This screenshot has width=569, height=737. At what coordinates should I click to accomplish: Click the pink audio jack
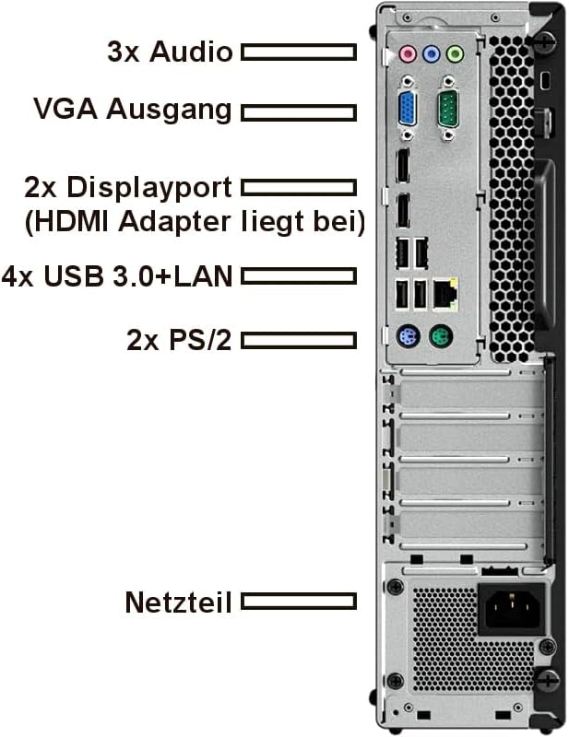(408, 54)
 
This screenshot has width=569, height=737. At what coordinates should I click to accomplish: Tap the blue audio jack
(431, 54)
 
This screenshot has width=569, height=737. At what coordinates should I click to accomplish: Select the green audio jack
(454, 54)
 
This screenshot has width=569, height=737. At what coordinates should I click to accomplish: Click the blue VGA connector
(408, 109)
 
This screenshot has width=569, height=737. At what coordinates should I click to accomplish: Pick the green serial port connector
(447, 109)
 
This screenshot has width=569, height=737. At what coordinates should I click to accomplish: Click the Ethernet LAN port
(445, 294)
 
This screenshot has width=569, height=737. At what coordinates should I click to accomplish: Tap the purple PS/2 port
(408, 337)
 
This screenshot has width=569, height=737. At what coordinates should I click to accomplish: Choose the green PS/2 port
(441, 337)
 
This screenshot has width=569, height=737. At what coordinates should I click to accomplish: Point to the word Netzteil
(178, 602)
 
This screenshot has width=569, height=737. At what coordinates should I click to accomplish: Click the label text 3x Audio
(170, 52)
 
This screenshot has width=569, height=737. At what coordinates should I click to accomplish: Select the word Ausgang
(169, 111)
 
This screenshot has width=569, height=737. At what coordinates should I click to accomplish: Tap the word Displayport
(149, 189)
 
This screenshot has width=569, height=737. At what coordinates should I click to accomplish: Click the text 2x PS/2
(179, 340)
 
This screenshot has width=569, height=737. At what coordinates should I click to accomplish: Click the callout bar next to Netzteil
(299, 602)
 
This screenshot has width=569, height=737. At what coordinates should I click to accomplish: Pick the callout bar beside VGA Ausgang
(299, 112)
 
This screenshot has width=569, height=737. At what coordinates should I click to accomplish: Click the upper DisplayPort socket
(403, 166)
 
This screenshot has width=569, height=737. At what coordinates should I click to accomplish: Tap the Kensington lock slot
(546, 81)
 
